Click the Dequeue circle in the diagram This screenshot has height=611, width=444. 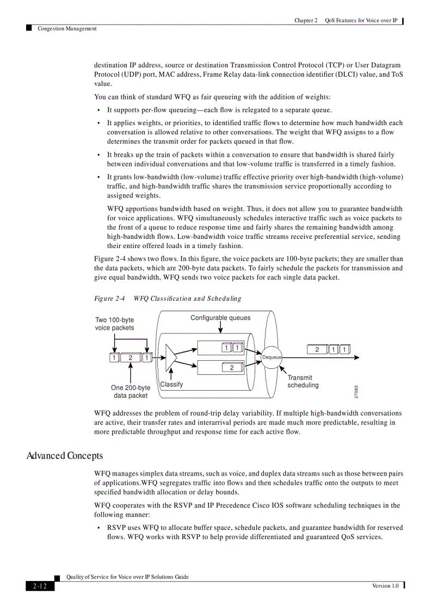point(272,357)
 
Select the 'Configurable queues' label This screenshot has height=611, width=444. point(220,318)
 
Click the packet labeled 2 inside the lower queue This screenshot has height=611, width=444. point(232,368)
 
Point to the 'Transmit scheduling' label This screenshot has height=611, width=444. point(303,381)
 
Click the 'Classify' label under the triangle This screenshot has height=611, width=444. point(171,385)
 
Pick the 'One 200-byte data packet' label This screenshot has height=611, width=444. point(131,392)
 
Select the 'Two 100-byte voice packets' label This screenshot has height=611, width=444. point(115,324)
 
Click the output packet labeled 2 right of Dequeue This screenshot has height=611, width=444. point(317,349)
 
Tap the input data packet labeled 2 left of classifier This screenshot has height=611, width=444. point(130,357)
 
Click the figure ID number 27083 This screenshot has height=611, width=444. point(356,392)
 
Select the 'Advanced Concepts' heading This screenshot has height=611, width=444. point(65,455)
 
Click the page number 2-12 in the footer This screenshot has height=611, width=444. point(40,586)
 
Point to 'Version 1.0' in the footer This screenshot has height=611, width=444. point(385,585)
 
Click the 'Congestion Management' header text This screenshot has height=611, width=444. point(67,29)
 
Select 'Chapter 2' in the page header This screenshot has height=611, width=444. point(306,21)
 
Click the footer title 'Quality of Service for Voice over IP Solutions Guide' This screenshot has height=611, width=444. point(127,577)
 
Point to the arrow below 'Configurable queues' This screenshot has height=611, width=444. point(220,328)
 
